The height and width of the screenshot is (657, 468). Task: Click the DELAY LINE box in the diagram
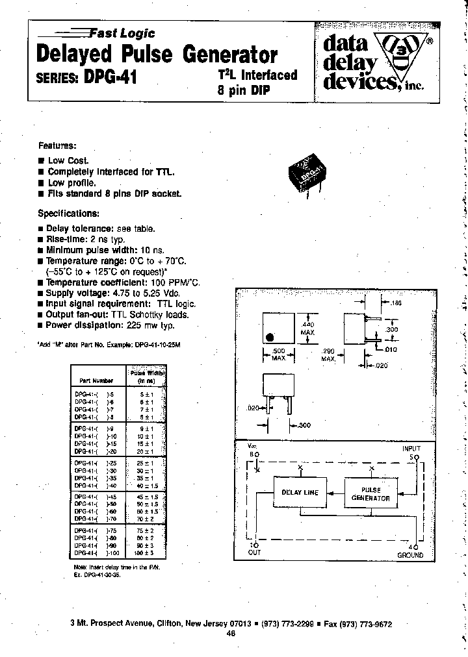[299, 493]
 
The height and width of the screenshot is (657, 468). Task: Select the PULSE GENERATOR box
[370, 494]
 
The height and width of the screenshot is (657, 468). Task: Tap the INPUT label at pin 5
[411, 449]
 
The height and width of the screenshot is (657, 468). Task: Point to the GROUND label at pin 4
[410, 555]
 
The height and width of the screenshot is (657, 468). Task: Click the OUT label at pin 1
[253, 552]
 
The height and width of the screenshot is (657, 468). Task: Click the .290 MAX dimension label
[329, 355]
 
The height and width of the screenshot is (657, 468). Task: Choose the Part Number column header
[96, 380]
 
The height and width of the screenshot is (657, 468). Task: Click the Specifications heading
[69, 213]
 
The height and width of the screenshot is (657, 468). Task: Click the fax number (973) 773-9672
[367, 623]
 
